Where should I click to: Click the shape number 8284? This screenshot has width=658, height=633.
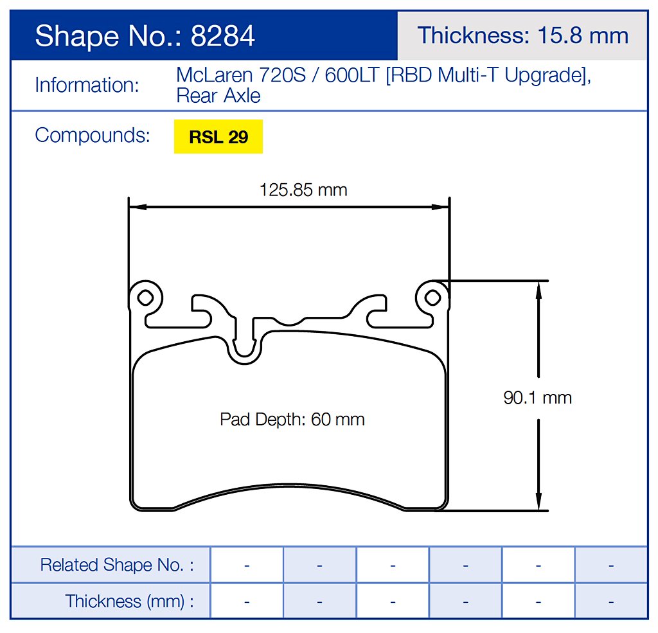coord(223,36)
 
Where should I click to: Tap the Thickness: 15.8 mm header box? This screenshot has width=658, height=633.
coord(522,35)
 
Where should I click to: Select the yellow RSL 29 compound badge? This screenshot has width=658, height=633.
coord(218,137)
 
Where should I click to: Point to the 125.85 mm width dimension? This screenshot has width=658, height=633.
coord(303,190)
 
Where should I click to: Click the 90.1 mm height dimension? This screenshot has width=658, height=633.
coord(537,398)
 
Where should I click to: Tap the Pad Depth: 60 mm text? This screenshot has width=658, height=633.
coord(292,420)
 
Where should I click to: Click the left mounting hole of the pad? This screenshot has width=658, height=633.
coord(146,297)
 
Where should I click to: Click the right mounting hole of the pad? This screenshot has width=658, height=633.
coord(433,297)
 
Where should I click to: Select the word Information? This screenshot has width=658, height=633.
coord(87,85)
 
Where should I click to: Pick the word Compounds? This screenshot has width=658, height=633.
coord(93,136)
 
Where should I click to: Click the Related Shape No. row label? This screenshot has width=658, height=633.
coord(116,565)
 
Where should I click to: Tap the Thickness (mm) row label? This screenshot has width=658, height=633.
coord(129,602)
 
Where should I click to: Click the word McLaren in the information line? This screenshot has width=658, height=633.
coord(215,75)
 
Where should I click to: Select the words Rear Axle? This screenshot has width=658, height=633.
coord(218,96)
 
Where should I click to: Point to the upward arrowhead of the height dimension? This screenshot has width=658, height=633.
coord(538,287)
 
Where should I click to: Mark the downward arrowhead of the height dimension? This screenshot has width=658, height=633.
coord(538,504)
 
